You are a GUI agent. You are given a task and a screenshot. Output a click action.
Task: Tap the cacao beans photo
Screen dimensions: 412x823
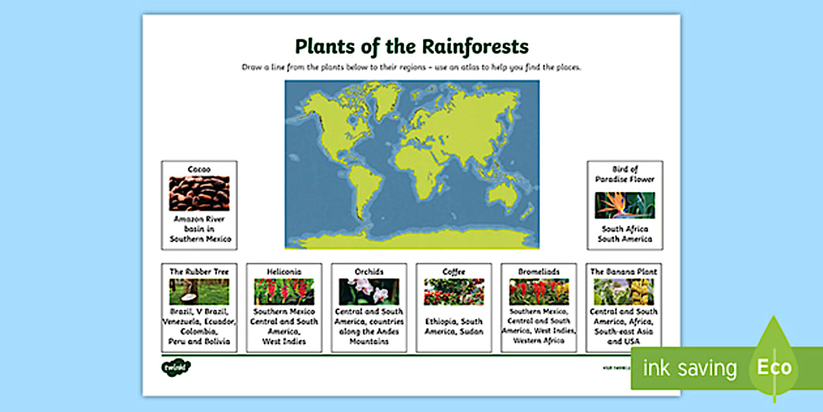point(199,193)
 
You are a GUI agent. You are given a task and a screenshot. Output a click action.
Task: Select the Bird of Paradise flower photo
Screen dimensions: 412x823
point(624,205)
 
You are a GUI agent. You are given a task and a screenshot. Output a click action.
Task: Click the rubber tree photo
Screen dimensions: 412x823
point(199,292)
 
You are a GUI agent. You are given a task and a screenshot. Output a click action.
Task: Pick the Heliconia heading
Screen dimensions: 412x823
point(284,271)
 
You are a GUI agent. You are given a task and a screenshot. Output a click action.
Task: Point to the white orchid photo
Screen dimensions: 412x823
point(368,292)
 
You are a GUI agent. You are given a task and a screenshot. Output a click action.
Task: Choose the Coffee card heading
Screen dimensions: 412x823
point(454,271)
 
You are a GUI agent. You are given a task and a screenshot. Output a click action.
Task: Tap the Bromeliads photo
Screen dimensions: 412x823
point(539,292)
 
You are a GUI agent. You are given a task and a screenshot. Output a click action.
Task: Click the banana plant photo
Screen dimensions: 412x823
point(624,292)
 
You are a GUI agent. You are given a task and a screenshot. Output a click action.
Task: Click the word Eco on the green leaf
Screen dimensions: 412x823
point(774,367)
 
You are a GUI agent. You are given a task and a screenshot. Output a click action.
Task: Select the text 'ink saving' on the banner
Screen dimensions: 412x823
point(690,368)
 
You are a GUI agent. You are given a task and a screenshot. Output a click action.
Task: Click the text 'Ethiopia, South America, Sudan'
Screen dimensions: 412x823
point(454,326)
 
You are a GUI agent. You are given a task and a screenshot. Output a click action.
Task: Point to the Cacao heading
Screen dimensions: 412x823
point(199,169)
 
